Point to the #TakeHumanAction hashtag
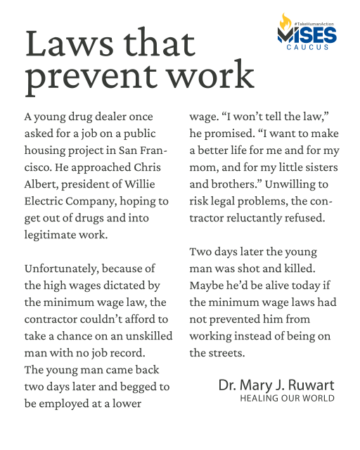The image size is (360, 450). [x=315, y=24]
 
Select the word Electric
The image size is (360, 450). [x=46, y=201]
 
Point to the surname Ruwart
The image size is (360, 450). [x=307, y=385]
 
